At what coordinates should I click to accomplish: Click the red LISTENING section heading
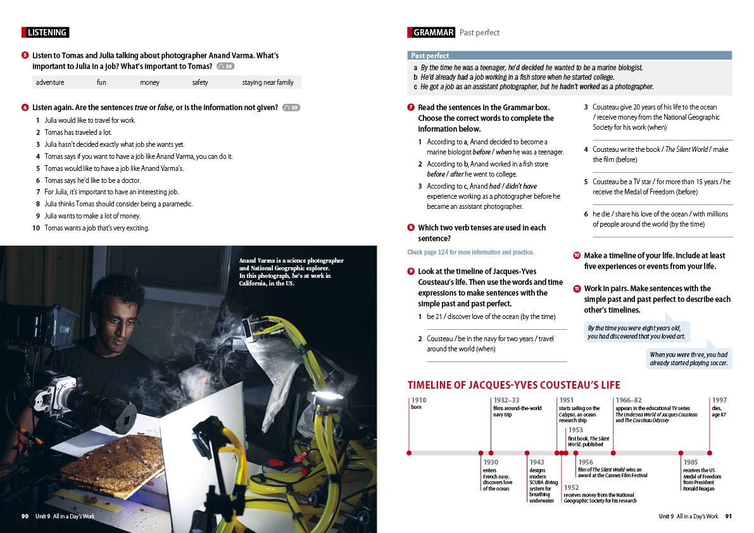pyautogui.click(x=46, y=32)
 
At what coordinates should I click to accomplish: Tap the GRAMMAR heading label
pyautogui.click(x=433, y=32)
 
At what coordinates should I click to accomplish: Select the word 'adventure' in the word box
pyautogui.click(x=50, y=82)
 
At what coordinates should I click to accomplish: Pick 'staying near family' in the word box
pyautogui.click(x=268, y=82)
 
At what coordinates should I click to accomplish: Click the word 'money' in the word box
pyautogui.click(x=150, y=82)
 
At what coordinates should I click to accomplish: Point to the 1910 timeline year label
pyautogui.click(x=418, y=400)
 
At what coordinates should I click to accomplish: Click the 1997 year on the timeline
pyautogui.click(x=719, y=400)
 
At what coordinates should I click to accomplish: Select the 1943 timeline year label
pyautogui.click(x=537, y=462)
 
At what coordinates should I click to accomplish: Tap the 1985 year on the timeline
pyautogui.click(x=691, y=462)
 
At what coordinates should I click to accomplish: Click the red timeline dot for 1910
pyautogui.click(x=409, y=453)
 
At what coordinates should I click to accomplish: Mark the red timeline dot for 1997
pyautogui.click(x=710, y=453)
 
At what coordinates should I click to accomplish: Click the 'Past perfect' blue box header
pyautogui.click(x=430, y=56)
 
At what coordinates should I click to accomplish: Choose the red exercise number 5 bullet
pyautogui.click(x=25, y=56)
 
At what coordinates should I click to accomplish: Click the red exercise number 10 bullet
pyautogui.click(x=577, y=256)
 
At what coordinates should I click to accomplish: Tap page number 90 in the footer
pyautogui.click(x=25, y=517)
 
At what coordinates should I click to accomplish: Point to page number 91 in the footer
pyautogui.click(x=728, y=517)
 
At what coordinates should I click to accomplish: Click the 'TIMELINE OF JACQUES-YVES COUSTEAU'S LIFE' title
pyautogui.click(x=513, y=385)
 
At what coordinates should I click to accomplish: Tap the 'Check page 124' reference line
pyautogui.click(x=470, y=252)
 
